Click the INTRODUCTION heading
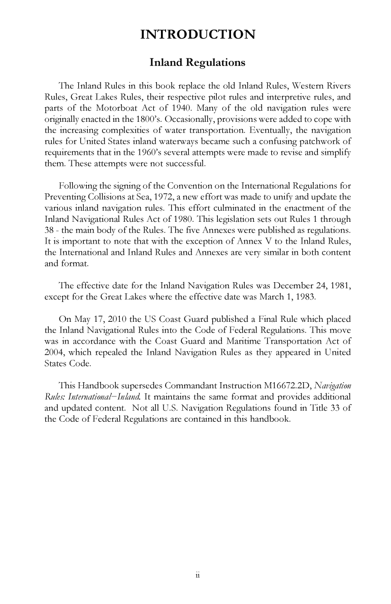(x=198, y=35)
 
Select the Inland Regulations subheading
(x=198, y=62)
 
